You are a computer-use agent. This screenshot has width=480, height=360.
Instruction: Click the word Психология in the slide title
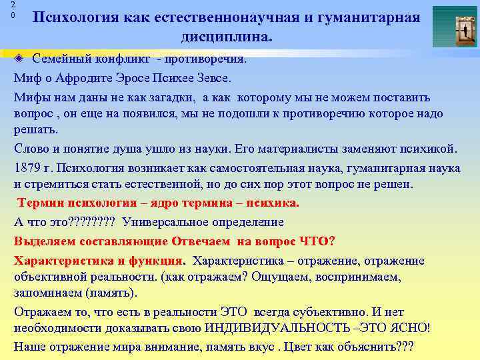pos(75,17)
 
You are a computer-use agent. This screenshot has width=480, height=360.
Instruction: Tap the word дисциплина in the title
pos(226,36)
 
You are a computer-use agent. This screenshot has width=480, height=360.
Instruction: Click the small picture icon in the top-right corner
pos(455,27)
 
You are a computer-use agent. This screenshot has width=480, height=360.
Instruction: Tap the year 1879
pos(29,167)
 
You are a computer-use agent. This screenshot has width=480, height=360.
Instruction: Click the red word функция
pos(155,261)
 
